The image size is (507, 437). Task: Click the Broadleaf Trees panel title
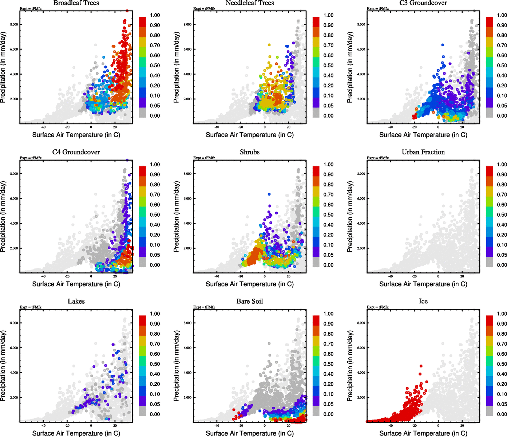[x=76, y=3]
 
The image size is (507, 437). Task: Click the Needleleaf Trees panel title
[x=250, y=3]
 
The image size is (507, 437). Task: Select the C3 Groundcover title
[x=423, y=3]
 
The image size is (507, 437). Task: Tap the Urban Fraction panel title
[x=423, y=152]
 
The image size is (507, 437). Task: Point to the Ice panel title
[x=423, y=302]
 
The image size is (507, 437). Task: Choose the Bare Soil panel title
[x=250, y=302]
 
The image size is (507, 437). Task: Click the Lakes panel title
[x=76, y=302]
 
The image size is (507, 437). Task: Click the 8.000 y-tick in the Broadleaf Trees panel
[x=14, y=25]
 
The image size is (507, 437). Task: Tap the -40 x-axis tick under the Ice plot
[x=390, y=425]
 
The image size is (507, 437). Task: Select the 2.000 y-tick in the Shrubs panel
[x=187, y=248]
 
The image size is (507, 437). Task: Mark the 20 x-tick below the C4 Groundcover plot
[x=115, y=276]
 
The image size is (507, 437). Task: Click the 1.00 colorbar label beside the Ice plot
[x=502, y=314]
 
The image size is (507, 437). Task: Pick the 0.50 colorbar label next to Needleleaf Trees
[x=328, y=66]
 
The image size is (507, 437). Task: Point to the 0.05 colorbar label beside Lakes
[x=155, y=404]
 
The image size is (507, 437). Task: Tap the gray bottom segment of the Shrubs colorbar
[x=316, y=262]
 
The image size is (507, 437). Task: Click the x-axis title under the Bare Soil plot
[x=250, y=433]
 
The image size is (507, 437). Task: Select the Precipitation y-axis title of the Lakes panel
[x=3, y=366]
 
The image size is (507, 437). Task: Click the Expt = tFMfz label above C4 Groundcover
[x=31, y=158]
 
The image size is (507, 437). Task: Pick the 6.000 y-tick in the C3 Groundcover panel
[x=361, y=50]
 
